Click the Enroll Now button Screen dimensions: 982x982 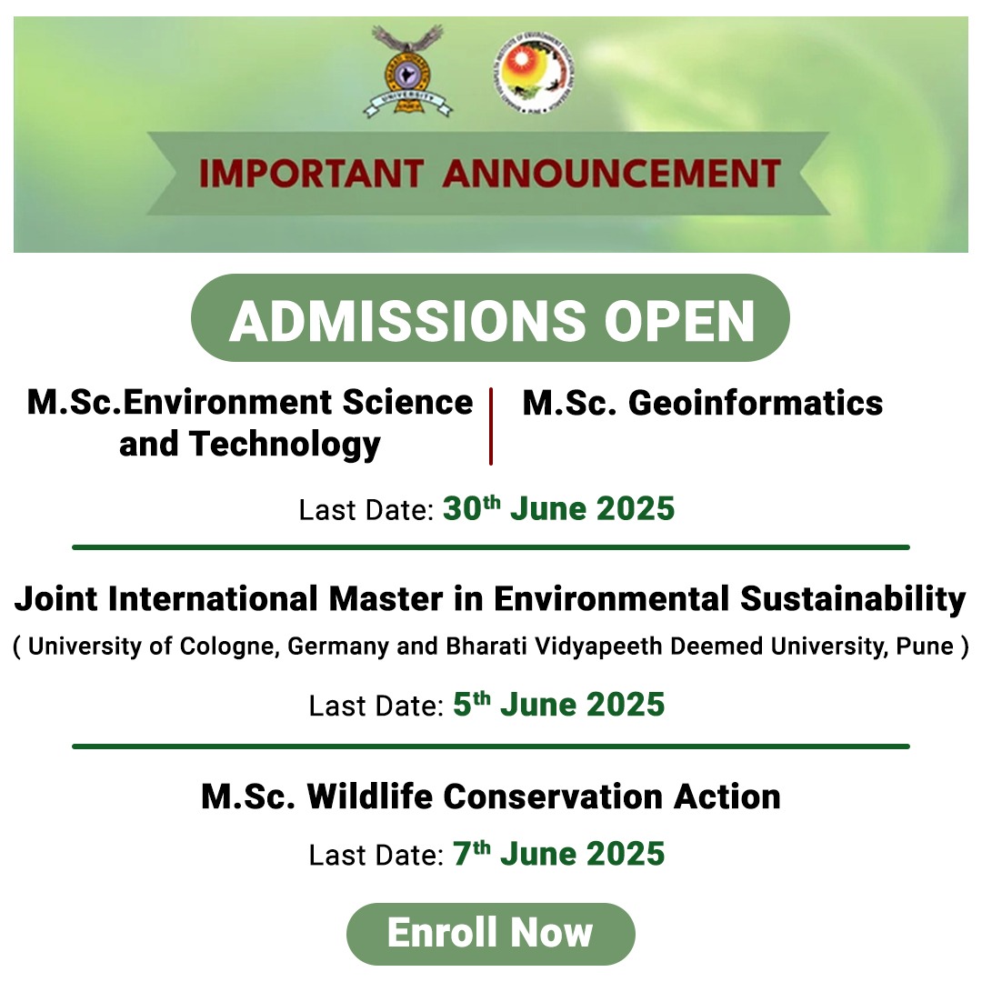click(x=490, y=933)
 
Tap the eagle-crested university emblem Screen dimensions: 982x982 click(x=407, y=71)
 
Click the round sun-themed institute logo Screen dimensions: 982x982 click(x=533, y=74)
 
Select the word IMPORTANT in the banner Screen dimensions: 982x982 click(x=311, y=174)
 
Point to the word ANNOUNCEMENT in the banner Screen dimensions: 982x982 click(x=612, y=174)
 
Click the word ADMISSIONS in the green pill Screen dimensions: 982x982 click(x=407, y=321)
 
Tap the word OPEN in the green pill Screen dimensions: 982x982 click(x=679, y=321)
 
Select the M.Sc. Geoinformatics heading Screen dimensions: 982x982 click(x=703, y=403)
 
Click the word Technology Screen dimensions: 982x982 click(x=285, y=446)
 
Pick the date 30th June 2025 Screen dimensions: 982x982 click(x=558, y=508)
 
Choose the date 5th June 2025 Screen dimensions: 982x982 click(x=558, y=704)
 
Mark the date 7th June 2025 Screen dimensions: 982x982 click(x=558, y=853)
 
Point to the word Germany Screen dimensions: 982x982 click(x=338, y=647)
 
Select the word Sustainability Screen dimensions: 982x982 click(x=853, y=599)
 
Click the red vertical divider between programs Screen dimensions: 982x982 click(x=491, y=426)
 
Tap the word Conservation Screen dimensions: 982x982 click(x=553, y=797)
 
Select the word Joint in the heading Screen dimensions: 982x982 click(x=56, y=599)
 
